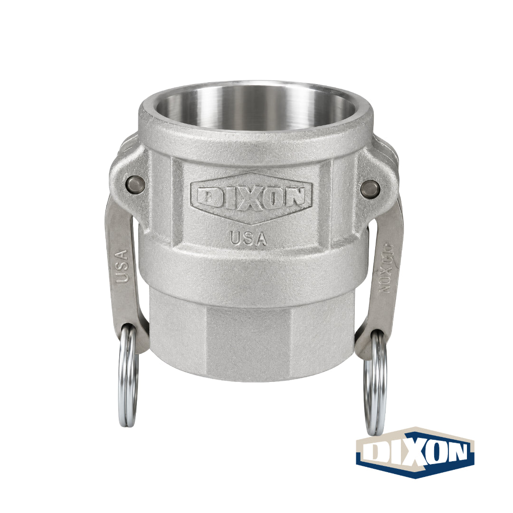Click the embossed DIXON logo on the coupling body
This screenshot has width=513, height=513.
click(x=252, y=198)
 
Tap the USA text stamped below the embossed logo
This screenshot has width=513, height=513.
click(x=248, y=238)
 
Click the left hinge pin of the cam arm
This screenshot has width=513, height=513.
click(x=135, y=183)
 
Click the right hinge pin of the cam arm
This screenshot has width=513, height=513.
click(x=370, y=189)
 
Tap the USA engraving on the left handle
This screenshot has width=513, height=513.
click(x=122, y=266)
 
